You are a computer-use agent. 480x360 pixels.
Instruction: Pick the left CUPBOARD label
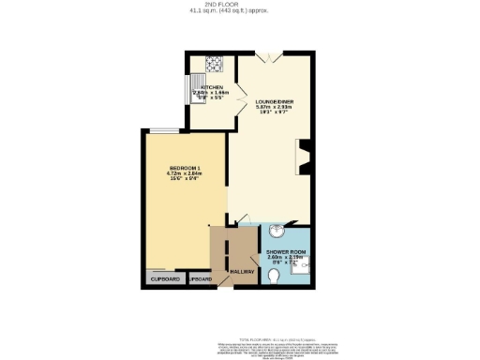164,279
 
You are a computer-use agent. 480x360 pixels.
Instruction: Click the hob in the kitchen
213,66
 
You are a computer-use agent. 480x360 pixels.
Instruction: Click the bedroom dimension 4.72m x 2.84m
172,173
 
